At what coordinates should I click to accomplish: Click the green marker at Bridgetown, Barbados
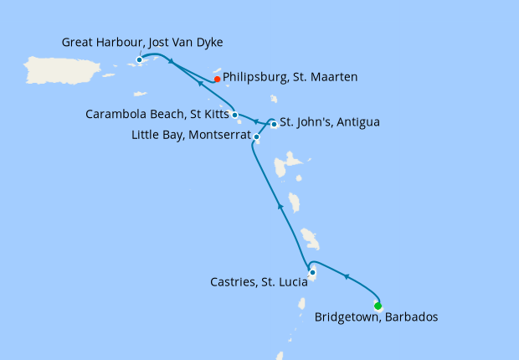coord(378,306)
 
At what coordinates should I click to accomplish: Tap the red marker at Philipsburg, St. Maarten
coord(217,80)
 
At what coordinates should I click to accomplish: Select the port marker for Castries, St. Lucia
coord(312,272)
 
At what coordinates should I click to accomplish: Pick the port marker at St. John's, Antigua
coord(274,125)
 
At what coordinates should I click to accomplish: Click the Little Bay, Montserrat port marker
coord(256,136)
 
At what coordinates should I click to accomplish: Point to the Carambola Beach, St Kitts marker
coord(234,115)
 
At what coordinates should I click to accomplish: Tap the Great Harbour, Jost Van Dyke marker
coord(139,59)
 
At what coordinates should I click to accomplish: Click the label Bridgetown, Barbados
coord(376,317)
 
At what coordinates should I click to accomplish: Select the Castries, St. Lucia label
coord(259,283)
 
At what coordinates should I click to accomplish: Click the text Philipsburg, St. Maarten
coord(290,77)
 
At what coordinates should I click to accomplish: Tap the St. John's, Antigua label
coord(330,122)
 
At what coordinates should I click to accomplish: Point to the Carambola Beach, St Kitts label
coord(157,114)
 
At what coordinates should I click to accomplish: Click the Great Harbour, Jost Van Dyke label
coord(142,41)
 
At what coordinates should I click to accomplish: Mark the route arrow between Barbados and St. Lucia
coord(345,277)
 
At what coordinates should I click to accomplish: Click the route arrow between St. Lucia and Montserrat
coord(279,205)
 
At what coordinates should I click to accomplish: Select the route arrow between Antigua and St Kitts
coord(255,122)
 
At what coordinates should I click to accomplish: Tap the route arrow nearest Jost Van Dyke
coord(170,61)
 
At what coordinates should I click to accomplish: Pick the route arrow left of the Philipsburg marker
coord(201,83)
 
